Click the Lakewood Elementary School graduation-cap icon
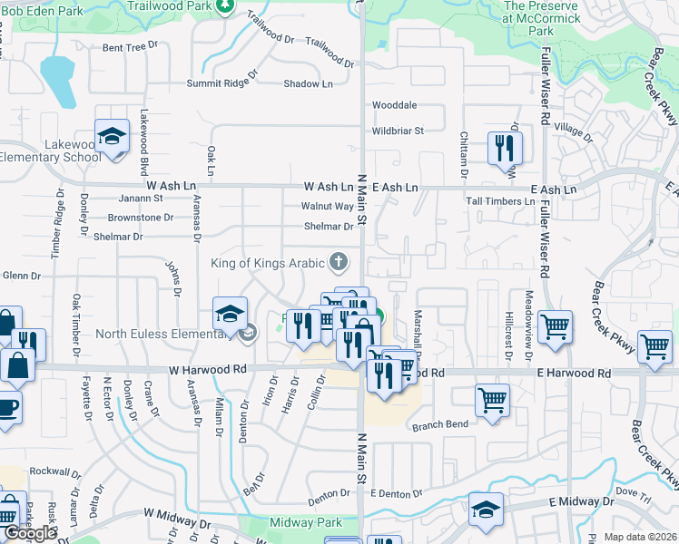pos(112,139)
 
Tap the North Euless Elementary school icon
pos(230,314)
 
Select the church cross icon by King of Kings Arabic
pos(338,263)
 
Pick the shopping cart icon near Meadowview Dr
pos(555,325)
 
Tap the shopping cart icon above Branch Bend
pos(492,399)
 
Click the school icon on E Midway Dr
pos(486,510)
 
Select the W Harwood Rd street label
pos(208,370)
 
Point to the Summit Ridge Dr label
pos(221,83)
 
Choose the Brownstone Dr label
pos(140,218)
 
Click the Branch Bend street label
pos(440,425)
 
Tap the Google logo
pos(30,533)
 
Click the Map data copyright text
pos(640,537)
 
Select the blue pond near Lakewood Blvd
pos(56,79)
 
